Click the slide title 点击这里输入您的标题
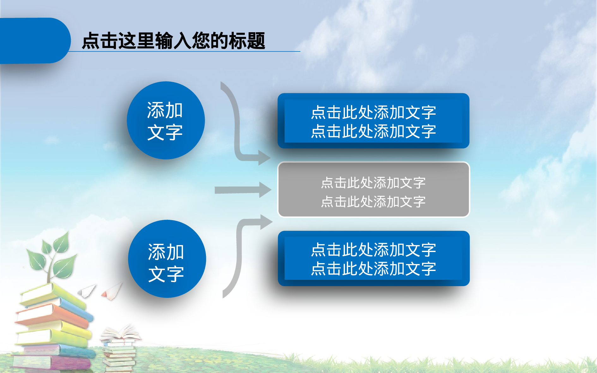click(x=173, y=41)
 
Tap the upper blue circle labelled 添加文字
click(x=166, y=120)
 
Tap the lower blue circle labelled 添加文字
click(x=167, y=259)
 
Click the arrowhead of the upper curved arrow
click(x=264, y=157)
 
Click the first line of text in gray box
click(x=373, y=183)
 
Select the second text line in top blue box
click(x=373, y=131)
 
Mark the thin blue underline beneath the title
click(x=190, y=51)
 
